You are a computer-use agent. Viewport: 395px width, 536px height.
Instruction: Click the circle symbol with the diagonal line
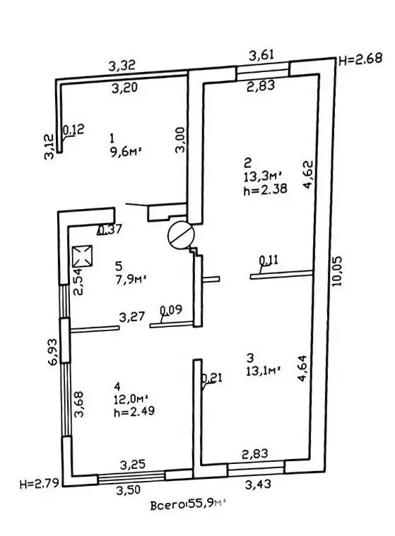pyautogui.click(x=181, y=235)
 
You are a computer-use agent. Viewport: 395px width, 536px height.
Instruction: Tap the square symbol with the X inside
pyautogui.click(x=83, y=256)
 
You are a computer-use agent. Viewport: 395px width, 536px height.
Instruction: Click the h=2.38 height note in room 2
pyautogui.click(x=265, y=189)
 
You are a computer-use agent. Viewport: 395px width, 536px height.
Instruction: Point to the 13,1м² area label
pyautogui.click(x=264, y=371)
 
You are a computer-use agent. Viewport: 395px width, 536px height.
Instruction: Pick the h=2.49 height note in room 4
pyautogui.click(x=134, y=410)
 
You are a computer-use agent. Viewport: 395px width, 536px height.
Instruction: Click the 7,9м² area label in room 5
pyautogui.click(x=131, y=280)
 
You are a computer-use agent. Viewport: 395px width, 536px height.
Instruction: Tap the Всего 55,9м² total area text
pyautogui.click(x=189, y=504)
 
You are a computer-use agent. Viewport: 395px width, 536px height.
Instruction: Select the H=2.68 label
pyautogui.click(x=360, y=59)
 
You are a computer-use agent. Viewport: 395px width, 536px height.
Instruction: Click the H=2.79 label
pyautogui.click(x=40, y=483)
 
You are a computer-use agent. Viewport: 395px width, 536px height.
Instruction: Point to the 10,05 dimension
pyautogui.click(x=336, y=270)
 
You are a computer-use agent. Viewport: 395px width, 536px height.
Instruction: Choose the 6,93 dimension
pyautogui.click(x=53, y=352)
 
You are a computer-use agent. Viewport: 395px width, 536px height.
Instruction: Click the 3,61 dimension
pyautogui.click(x=261, y=54)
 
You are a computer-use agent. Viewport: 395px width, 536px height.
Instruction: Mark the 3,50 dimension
pyautogui.click(x=129, y=490)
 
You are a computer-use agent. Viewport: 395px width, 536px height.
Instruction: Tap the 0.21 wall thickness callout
pyautogui.click(x=212, y=378)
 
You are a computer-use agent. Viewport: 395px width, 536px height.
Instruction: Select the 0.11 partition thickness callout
pyautogui.click(x=269, y=260)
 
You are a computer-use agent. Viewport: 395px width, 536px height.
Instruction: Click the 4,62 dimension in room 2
pyautogui.click(x=308, y=174)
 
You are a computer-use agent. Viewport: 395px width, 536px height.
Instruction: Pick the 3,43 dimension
pyautogui.click(x=258, y=484)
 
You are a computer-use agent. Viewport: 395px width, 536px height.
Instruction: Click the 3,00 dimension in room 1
pyautogui.click(x=180, y=140)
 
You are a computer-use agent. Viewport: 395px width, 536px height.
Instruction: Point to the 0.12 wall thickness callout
pyautogui.click(x=73, y=130)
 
